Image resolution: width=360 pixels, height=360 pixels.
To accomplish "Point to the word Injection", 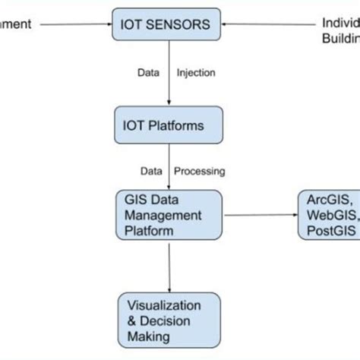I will [x=196, y=73].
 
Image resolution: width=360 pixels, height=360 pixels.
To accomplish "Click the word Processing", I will [x=200, y=171].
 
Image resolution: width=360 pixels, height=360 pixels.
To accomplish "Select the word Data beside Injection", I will [x=147, y=73].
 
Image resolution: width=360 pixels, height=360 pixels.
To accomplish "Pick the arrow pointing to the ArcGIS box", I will [x=258, y=215].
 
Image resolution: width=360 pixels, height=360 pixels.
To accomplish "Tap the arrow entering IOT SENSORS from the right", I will [x=266, y=24].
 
